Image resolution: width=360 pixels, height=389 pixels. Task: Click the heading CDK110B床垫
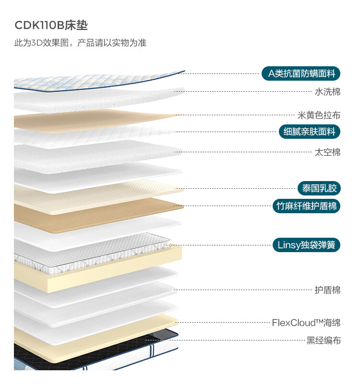point(51,25)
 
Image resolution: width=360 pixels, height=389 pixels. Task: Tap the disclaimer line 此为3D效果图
point(80,43)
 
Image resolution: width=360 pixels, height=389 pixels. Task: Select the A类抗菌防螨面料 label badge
point(301,73)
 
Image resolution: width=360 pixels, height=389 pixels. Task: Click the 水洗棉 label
point(327,91)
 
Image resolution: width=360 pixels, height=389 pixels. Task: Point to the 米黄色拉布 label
point(319,115)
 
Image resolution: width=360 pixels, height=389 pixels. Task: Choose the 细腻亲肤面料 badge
point(310,131)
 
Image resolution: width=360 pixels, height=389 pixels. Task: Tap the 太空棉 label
point(327,152)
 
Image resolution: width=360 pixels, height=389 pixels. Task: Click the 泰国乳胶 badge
point(319,188)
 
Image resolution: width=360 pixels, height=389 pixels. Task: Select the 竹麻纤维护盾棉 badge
point(306,206)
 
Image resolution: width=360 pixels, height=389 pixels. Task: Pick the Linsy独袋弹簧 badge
point(306,245)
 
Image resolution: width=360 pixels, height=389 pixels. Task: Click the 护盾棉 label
point(327,290)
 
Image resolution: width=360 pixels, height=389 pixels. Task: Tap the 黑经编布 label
point(324,340)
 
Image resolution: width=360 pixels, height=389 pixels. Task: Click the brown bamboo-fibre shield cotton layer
point(96,211)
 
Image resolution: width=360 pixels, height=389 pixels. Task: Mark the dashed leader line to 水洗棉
point(250,91)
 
